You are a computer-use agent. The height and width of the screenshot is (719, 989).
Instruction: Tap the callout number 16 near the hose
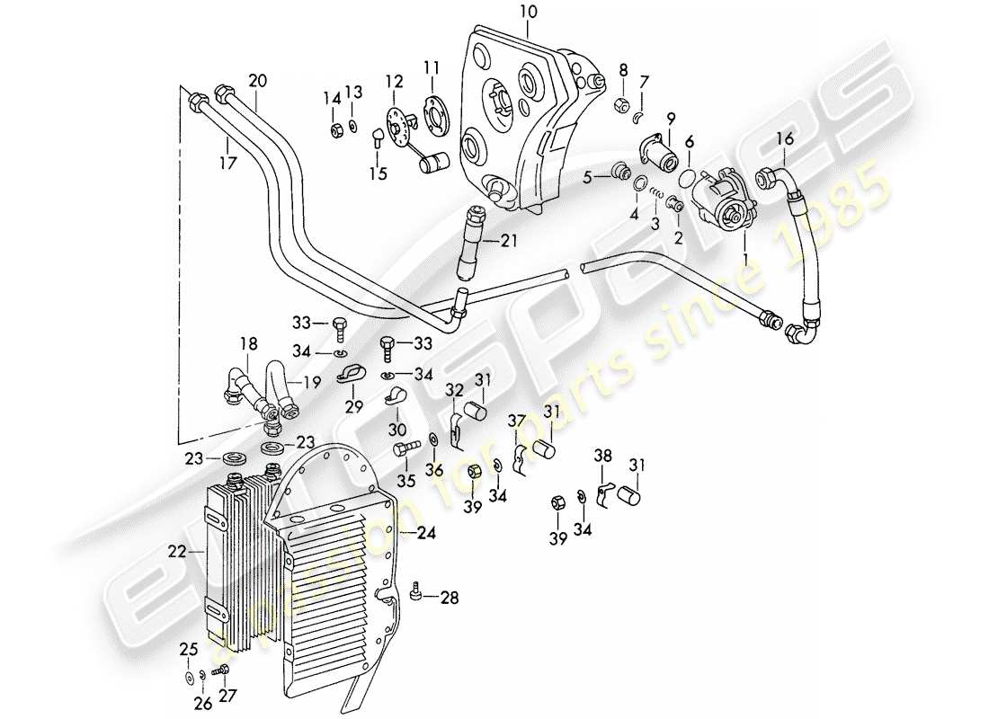pos(785,138)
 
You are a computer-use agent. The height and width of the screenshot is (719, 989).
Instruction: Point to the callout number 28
pos(450,598)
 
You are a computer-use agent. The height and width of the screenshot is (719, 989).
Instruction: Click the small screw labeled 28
pos(415,592)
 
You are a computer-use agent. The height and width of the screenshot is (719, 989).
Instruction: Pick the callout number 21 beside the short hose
pos(510,241)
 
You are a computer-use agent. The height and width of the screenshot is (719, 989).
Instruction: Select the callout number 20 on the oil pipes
pos(258,80)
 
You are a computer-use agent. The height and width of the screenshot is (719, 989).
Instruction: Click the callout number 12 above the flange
pos(392,81)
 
